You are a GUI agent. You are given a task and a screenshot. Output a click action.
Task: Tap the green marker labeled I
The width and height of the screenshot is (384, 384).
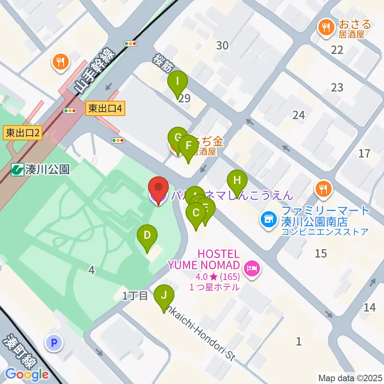[x=178, y=82]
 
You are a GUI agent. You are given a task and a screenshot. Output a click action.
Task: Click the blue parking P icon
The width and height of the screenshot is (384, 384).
[x=54, y=343]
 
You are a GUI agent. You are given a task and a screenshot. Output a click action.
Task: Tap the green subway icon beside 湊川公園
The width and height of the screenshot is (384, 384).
[x=17, y=170]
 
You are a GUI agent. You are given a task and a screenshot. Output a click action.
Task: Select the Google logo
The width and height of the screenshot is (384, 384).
[x=27, y=374]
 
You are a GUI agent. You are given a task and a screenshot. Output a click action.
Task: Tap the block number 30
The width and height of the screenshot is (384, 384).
[x=222, y=46]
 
